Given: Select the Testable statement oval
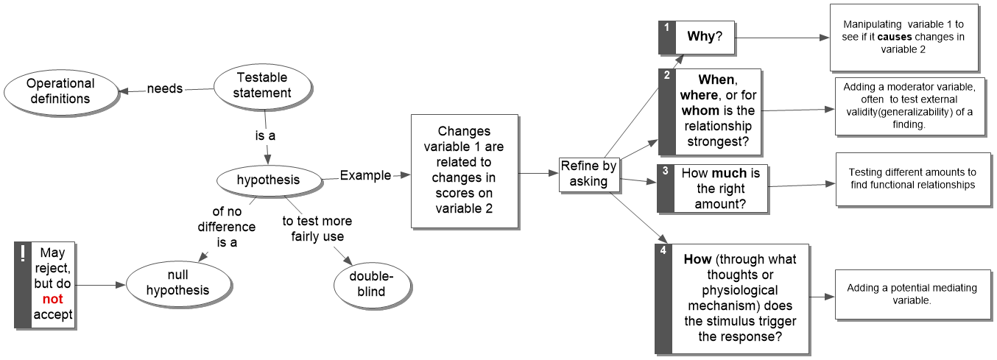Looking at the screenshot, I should pyautogui.click(x=262, y=85).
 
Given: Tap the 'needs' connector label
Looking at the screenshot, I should pyautogui.click(x=165, y=88).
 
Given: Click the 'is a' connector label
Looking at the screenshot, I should pyautogui.click(x=266, y=136).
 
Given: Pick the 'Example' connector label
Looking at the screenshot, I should pyautogui.click(x=365, y=175).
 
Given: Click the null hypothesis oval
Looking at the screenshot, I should pyautogui.click(x=177, y=282).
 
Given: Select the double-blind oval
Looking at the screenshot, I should pyautogui.click(x=372, y=284).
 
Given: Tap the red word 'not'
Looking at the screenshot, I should pyautogui.click(x=53, y=300).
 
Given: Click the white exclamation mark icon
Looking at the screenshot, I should pyautogui.click(x=22, y=254).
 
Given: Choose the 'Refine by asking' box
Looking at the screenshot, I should pyautogui.click(x=588, y=174).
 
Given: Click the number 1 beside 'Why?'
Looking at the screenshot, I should pyautogui.click(x=666, y=27).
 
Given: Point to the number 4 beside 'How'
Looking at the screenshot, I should pyautogui.click(x=663, y=250).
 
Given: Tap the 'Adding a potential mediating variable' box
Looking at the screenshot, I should pyautogui.click(x=911, y=294).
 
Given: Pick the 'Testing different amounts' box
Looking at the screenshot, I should pyautogui.click(x=911, y=179).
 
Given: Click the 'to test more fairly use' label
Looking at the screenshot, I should pyautogui.click(x=317, y=229).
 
